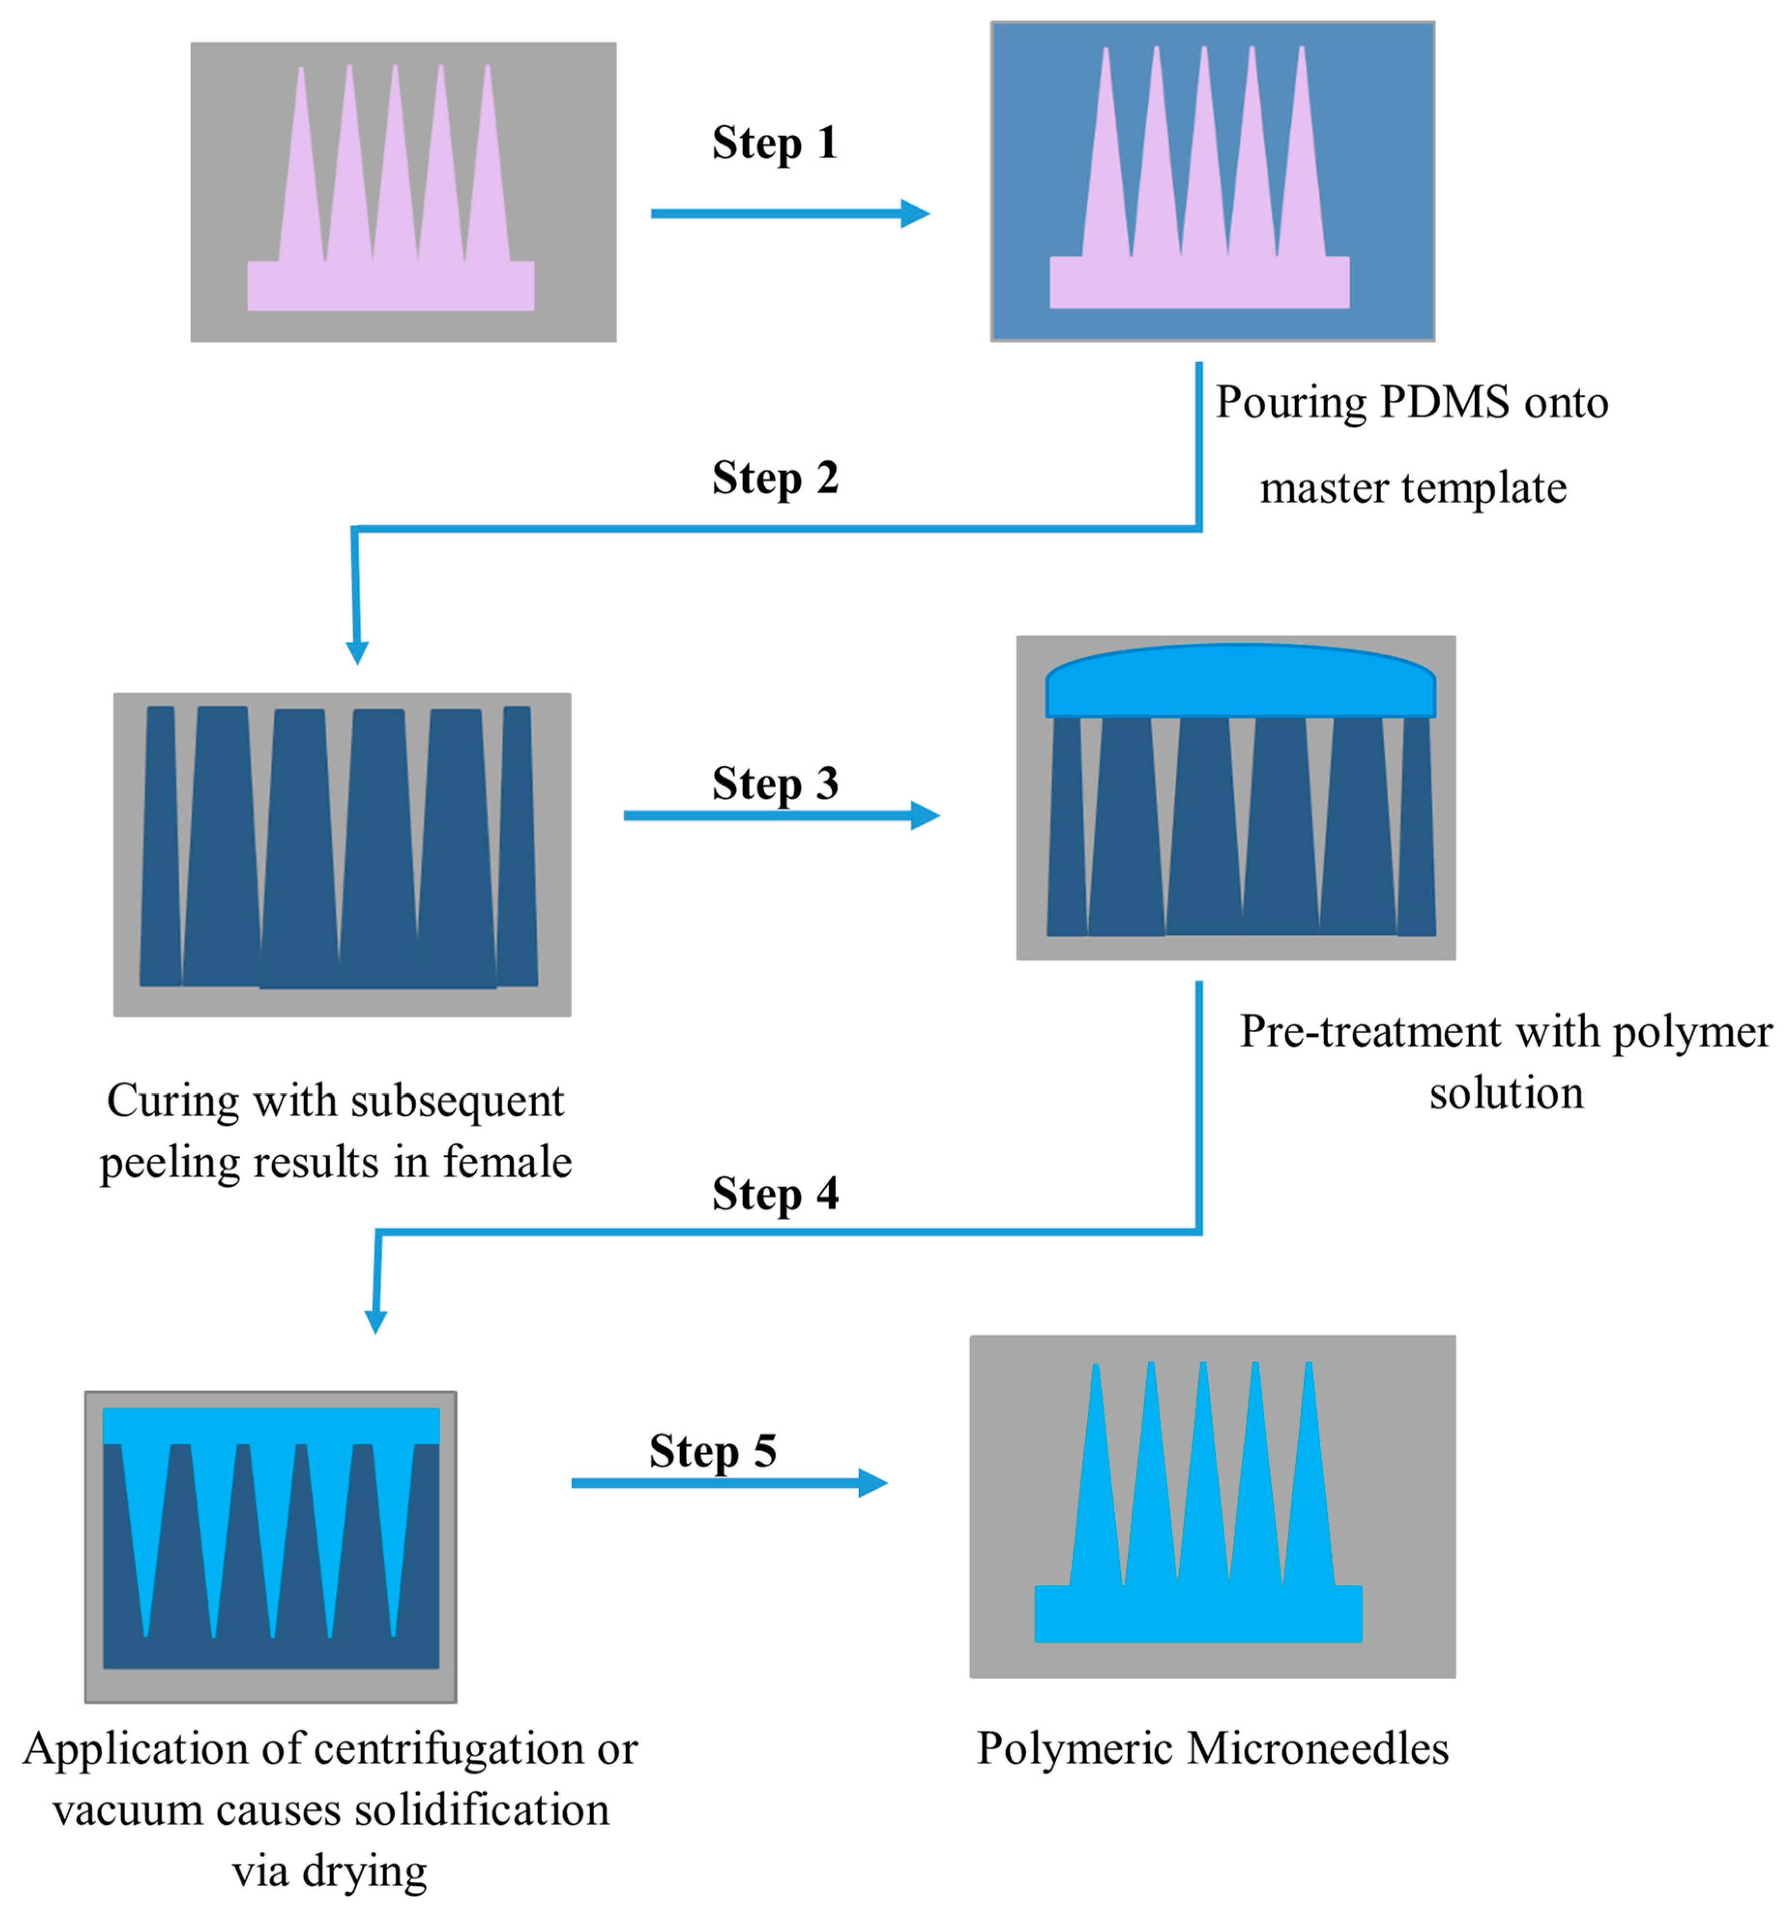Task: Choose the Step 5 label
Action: click(713, 1451)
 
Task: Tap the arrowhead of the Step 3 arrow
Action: click(925, 816)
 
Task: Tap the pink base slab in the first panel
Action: click(391, 286)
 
